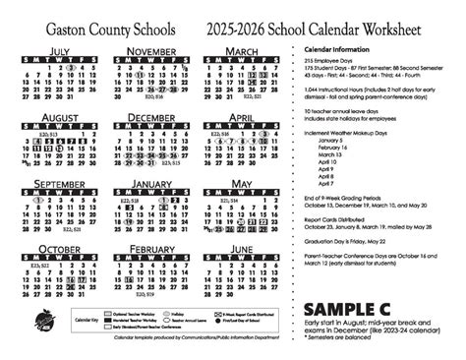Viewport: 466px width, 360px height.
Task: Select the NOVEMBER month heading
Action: (152, 49)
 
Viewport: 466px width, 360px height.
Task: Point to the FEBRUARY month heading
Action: (152, 251)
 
